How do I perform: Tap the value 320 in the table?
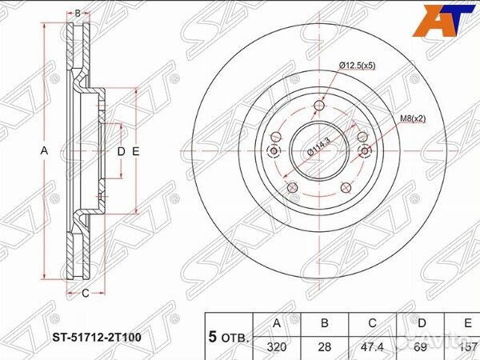tap(277, 346)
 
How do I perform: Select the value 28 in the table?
tap(325, 346)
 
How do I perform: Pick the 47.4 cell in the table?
tap(374, 346)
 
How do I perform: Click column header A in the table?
tap(277, 324)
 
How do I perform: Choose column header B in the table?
tap(325, 324)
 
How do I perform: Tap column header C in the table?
tap(374, 324)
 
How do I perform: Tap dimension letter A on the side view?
tap(45, 151)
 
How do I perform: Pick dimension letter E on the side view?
tap(137, 151)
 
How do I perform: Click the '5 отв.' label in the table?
tap(228, 336)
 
